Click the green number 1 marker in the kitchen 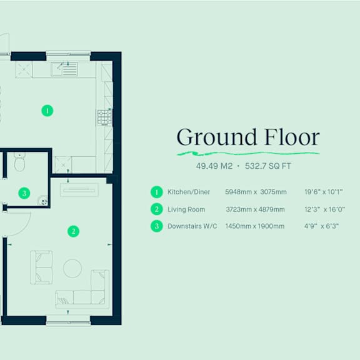click(47, 111)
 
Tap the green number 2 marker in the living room click(74, 231)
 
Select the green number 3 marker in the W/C click(24, 193)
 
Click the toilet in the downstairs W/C click(20, 162)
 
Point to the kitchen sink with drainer click(64, 69)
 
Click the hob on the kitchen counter click(105, 117)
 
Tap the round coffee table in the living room click(72, 268)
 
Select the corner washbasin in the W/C click(42, 200)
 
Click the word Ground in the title click(216, 137)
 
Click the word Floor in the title click(292, 137)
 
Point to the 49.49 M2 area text click(214, 166)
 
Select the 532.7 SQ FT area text click(268, 166)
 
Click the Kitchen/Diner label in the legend click(189, 192)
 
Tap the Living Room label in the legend click(186, 209)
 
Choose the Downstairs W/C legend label click(192, 226)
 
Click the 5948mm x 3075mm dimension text click(256, 192)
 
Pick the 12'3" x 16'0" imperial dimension click(324, 209)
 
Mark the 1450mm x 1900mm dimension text click(255, 226)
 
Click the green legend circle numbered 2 click(157, 209)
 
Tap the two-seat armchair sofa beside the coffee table click(41, 267)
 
